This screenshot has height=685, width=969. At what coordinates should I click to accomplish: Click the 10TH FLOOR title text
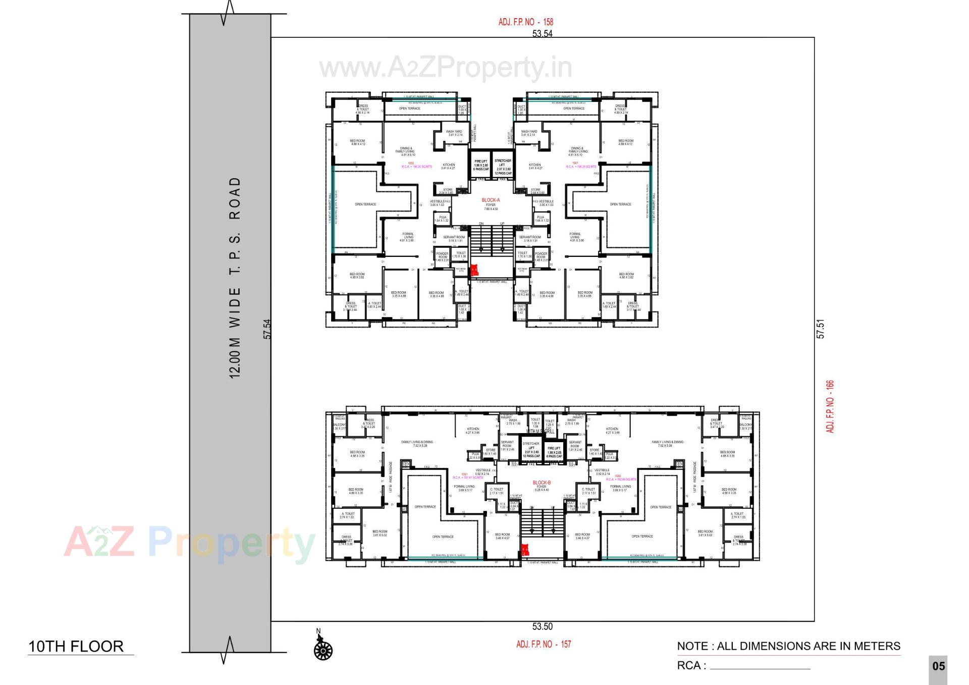[x=76, y=647]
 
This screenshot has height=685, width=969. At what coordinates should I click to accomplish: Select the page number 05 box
[x=938, y=666]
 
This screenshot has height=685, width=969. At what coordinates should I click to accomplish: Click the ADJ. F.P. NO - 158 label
[x=525, y=22]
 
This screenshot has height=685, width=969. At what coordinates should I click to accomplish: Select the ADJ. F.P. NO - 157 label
[x=544, y=644]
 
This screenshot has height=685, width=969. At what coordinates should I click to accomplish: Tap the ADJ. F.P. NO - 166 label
[x=830, y=406]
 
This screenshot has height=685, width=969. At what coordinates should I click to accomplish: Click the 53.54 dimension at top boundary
[x=542, y=34]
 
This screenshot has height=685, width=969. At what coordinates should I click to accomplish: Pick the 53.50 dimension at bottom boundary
[x=542, y=626]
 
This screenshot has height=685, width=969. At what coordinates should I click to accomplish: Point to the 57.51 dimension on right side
[x=821, y=329]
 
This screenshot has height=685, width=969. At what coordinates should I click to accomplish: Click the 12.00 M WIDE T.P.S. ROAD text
[x=235, y=278]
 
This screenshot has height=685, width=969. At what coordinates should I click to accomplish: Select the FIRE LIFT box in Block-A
[x=480, y=165]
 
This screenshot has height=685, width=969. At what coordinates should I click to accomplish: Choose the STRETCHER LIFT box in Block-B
[x=531, y=449]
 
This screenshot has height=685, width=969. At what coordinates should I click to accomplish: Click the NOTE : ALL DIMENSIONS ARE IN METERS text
[x=788, y=646]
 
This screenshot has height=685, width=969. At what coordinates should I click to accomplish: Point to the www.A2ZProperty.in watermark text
[x=445, y=68]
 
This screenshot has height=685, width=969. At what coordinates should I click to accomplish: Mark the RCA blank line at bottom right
[x=760, y=668]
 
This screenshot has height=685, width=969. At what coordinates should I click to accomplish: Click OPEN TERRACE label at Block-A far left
[x=365, y=204]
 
